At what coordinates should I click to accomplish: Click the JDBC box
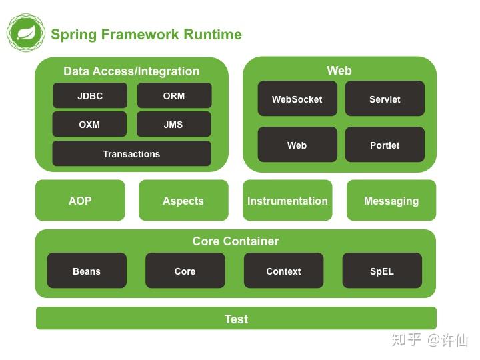pos(90,96)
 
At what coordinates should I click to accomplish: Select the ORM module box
pos(174,96)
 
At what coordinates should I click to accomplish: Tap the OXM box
pos(89,125)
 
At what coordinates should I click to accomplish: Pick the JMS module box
pos(173,125)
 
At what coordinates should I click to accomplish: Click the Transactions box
pos(131,154)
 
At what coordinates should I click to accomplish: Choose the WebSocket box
pos(297,99)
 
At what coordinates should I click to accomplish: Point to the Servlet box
pos(385,99)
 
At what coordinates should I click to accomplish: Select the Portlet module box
pos(385,145)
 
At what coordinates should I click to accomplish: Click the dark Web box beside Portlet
pos(297,145)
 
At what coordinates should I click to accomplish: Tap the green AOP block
pos(80,201)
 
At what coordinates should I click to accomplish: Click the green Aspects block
pos(183,201)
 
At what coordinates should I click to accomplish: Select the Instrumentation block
pos(287,201)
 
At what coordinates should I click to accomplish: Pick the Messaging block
pos(391,201)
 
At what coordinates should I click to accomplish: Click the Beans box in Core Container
pos(87,271)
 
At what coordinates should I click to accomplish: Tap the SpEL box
pos(382,271)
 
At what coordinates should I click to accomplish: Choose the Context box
pos(283,271)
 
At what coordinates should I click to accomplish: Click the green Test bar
pos(236,319)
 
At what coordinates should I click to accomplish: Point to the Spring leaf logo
pos(26,33)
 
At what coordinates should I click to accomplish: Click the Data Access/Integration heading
pos(131,71)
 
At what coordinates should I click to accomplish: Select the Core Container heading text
pos(235,241)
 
